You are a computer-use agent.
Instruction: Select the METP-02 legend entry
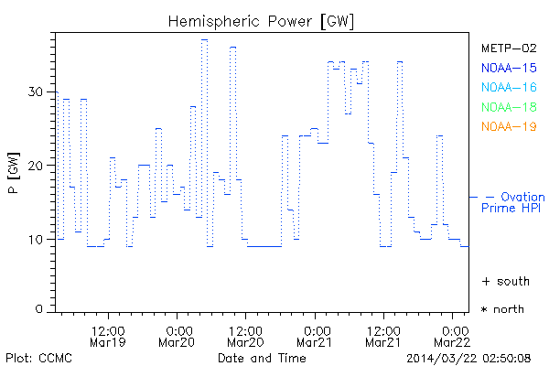coord(509,48)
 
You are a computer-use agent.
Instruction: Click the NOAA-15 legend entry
coord(509,68)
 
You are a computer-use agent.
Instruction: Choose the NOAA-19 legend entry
coord(509,126)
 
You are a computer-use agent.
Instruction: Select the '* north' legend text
coord(503,309)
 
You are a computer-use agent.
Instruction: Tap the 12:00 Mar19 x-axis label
coord(108,334)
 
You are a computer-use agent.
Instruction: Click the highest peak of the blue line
coord(204,39)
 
